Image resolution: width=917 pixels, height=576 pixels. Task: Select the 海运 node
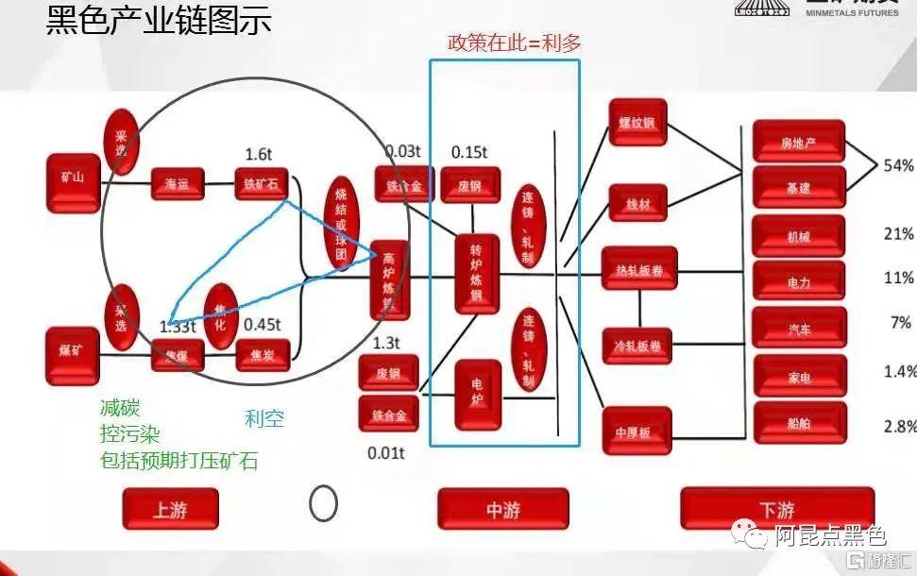tap(177, 183)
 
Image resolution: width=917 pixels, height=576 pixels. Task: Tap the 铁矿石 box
tap(260, 183)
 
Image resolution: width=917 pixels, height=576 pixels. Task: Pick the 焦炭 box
tap(263, 355)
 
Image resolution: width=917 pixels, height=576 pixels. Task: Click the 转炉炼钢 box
tap(476, 273)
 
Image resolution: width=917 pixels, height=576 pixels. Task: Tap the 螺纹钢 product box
tap(637, 122)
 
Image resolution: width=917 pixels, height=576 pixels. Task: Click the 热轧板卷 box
tap(639, 270)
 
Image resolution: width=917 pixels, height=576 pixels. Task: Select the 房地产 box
tap(798, 142)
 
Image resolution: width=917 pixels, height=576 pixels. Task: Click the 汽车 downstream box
tap(798, 328)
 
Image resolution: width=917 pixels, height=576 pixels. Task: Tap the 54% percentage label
tap(898, 166)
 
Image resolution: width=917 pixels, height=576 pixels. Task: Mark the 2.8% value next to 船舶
tap(899, 427)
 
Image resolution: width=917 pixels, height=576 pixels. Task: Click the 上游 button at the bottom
tap(170, 509)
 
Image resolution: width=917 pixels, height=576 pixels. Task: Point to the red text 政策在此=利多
tap(514, 42)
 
